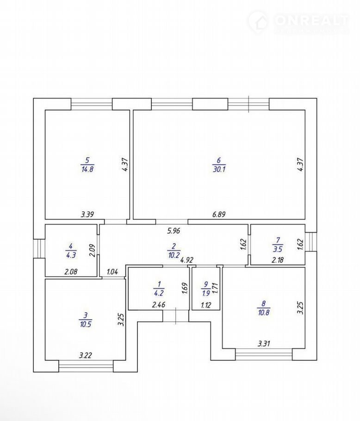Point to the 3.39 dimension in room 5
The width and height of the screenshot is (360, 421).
coord(87,214)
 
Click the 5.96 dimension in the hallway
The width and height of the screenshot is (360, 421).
coord(174,230)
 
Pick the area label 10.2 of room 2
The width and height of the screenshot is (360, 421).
coord(173,254)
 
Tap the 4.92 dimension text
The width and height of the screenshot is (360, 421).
coord(186,260)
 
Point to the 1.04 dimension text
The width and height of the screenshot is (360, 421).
coord(112,272)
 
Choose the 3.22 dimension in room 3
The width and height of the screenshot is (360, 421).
coord(85,355)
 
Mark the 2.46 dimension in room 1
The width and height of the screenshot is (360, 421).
coord(159,305)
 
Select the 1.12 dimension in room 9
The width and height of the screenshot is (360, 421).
coord(206,305)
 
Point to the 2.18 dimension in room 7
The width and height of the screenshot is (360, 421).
coord(278,260)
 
